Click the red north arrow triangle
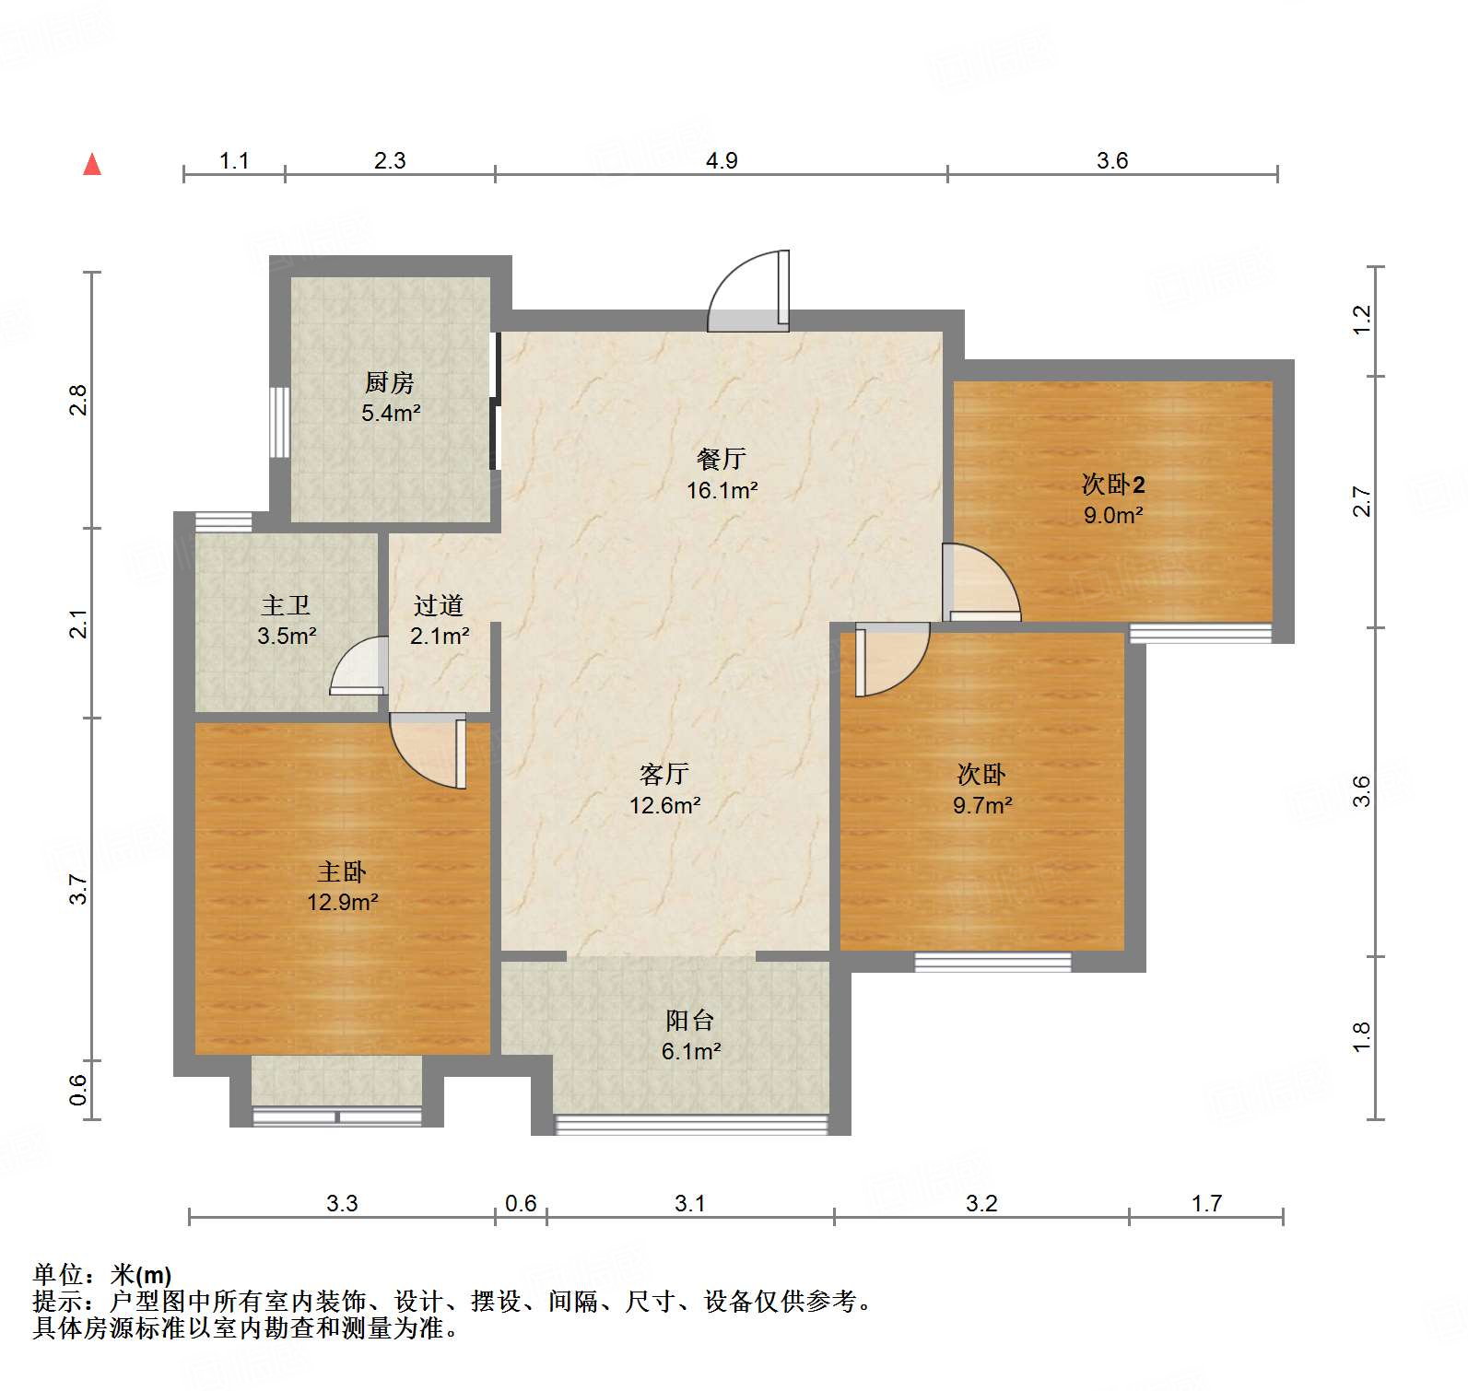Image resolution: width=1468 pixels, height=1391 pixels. point(92,165)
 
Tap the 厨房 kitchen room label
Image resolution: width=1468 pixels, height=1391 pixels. point(390,381)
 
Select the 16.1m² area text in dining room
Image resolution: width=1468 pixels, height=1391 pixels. point(722,490)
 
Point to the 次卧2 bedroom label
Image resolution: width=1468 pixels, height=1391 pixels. point(1113,484)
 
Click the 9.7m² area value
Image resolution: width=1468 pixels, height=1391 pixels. point(982,805)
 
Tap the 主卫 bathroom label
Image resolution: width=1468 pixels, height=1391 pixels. point(286,605)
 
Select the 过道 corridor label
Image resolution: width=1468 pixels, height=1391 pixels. point(439,605)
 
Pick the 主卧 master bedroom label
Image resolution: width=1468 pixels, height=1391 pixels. point(342,871)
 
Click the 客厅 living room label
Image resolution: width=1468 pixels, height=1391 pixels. point(664,774)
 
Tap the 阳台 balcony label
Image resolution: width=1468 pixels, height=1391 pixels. point(690,1020)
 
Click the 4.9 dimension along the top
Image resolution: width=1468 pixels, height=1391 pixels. point(722,160)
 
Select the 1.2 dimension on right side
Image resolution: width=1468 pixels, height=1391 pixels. point(1362,320)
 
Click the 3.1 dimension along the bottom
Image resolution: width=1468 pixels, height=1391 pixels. point(689,1203)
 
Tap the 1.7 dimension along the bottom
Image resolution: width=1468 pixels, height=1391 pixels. point(1206,1203)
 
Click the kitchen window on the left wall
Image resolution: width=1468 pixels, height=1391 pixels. point(279,422)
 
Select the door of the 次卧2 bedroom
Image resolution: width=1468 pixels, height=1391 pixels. point(981,583)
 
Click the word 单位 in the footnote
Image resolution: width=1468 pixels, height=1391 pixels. point(58,1275)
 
